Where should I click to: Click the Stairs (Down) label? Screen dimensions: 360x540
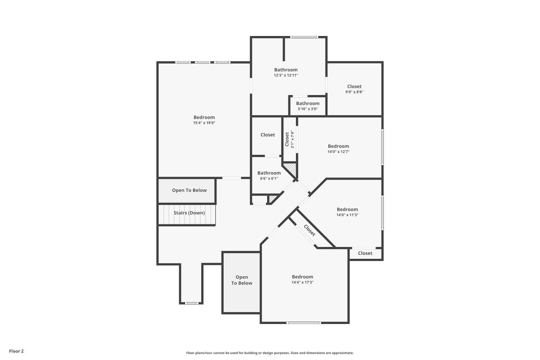(189, 213)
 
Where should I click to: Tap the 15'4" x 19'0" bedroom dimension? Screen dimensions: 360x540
(204, 123)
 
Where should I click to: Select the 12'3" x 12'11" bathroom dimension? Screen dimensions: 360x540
(286, 75)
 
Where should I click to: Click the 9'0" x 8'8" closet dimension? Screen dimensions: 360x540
(354, 92)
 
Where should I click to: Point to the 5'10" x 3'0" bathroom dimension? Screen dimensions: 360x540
(307, 109)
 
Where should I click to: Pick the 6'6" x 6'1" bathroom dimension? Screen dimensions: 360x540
(269, 178)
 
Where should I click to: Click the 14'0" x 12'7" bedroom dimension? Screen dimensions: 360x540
(338, 152)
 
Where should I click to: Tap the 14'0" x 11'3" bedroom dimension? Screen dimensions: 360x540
(347, 215)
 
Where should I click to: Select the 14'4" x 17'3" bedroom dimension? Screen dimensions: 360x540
(302, 282)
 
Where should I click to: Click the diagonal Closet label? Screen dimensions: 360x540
(309, 230)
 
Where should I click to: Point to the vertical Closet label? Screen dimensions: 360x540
(287, 139)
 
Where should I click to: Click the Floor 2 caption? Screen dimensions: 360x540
(16, 351)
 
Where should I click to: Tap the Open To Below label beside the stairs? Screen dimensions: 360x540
(189, 190)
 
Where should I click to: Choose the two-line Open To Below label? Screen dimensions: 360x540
(242, 280)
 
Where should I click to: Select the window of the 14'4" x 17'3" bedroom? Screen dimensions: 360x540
(303, 323)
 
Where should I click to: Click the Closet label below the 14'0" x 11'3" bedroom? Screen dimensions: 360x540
(365, 253)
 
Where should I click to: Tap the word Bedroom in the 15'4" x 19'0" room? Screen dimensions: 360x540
(204, 117)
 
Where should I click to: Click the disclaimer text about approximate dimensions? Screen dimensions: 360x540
(270, 353)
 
